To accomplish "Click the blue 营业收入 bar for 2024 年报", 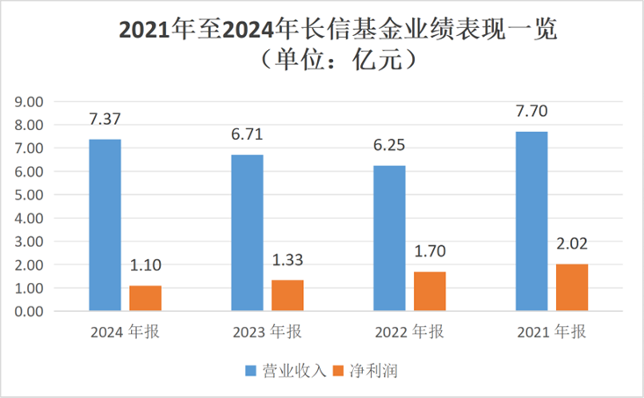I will (105, 225).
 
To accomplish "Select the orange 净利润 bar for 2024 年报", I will (145, 298).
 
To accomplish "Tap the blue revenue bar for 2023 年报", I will (247, 233).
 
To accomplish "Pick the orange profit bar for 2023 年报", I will (287, 295).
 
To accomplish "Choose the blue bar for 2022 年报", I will (389, 238).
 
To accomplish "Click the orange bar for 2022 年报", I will (430, 291).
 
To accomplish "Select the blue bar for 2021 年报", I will (532, 221).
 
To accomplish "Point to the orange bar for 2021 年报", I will (571, 287).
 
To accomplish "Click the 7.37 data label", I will (105, 119).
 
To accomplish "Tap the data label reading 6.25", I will (389, 145).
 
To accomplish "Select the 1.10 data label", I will (145, 265).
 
